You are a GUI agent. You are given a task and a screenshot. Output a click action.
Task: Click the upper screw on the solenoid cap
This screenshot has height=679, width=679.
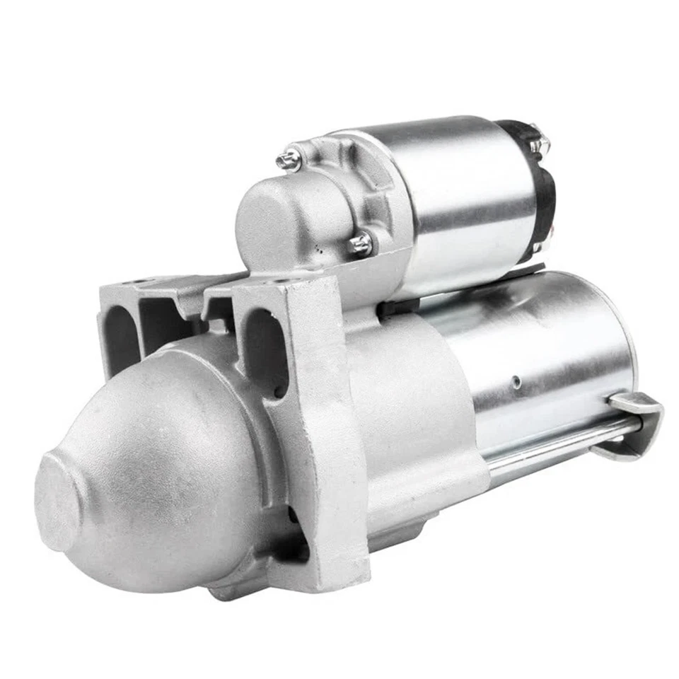point(288,160)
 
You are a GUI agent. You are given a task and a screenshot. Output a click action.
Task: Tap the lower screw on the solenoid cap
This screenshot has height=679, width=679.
point(360,244)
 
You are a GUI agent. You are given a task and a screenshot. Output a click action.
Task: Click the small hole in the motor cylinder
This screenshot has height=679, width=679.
point(518,382)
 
